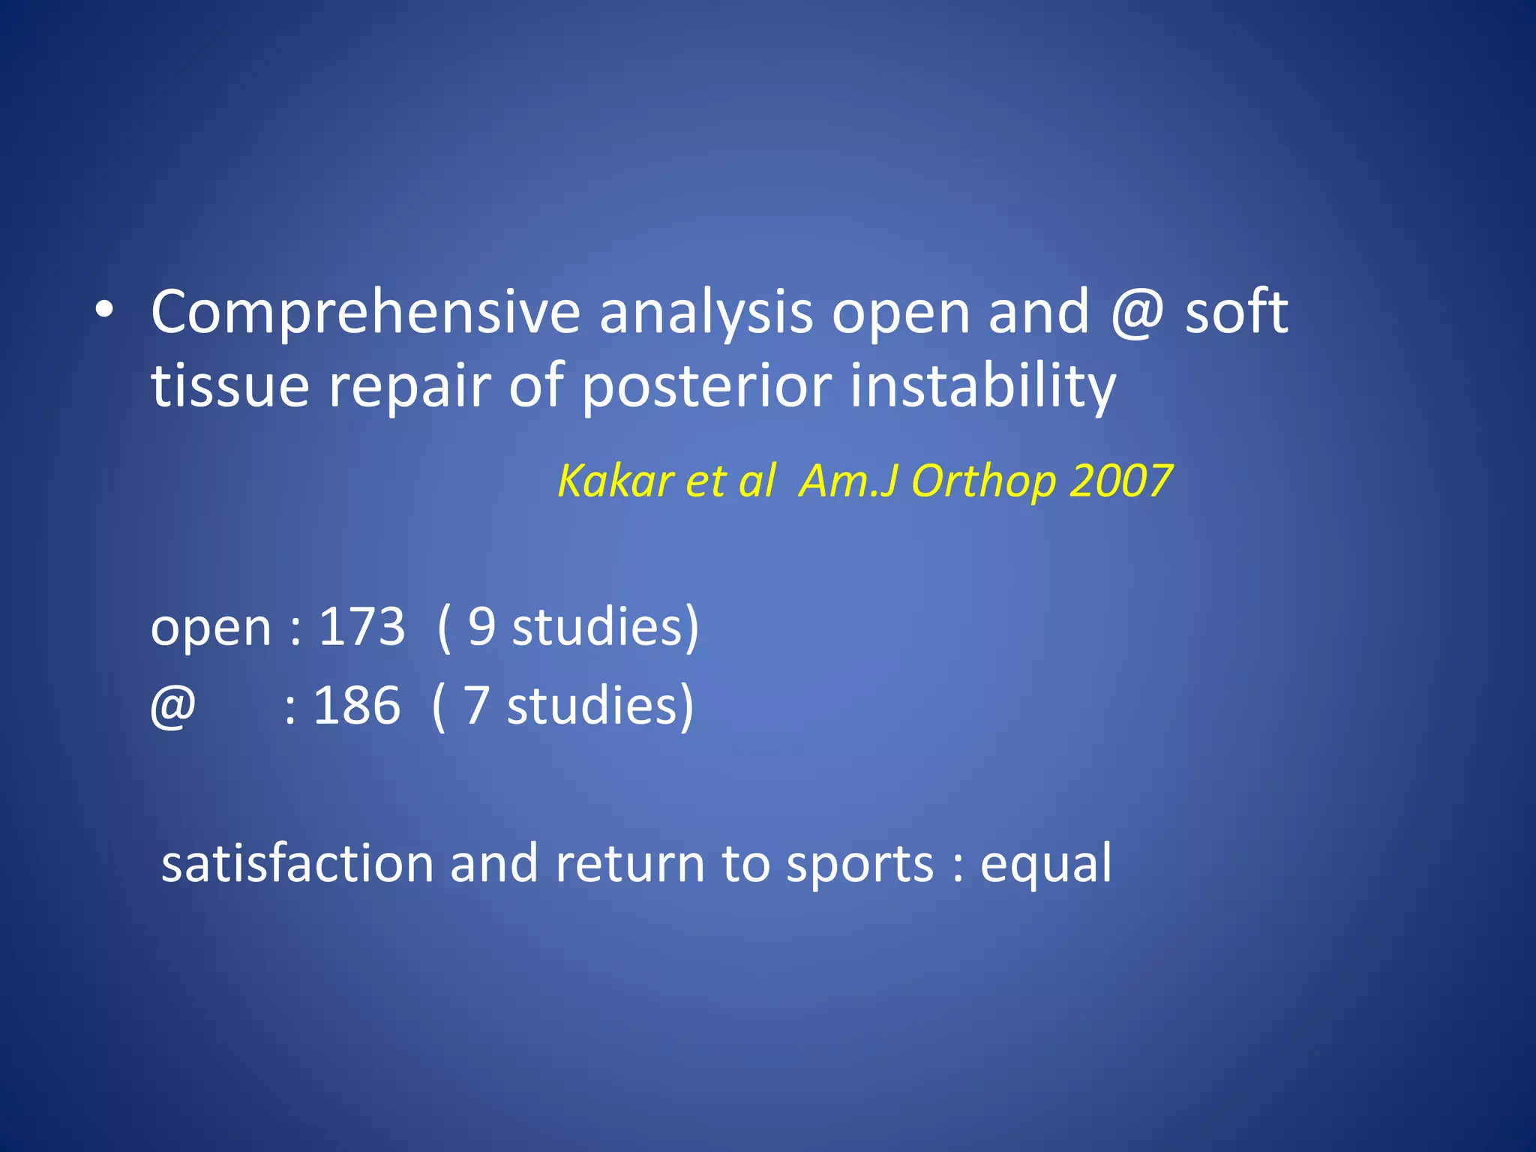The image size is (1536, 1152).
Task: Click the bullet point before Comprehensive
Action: coord(104,310)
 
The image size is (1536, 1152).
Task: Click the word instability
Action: coord(982,387)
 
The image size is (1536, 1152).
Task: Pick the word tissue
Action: coord(230,387)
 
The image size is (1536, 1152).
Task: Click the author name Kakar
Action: coord(615,481)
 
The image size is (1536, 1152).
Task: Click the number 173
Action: coord(361,627)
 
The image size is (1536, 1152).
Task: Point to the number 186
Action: coord(356,706)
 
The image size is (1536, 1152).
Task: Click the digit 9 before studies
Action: coord(481,627)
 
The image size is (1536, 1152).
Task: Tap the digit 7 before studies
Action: coord(477,706)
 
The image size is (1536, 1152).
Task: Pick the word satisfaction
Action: coord(297,864)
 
